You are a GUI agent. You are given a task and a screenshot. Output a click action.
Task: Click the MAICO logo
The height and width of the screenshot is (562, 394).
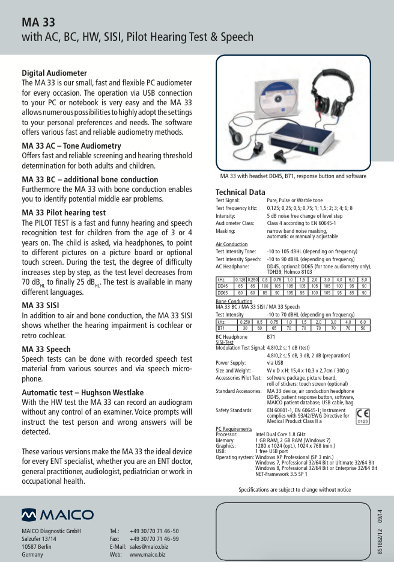coord(58,515)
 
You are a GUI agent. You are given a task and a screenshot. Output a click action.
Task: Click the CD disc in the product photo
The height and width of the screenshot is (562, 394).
coord(259,102)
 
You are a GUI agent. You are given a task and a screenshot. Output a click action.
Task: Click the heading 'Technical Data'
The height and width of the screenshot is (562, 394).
coord(240,193)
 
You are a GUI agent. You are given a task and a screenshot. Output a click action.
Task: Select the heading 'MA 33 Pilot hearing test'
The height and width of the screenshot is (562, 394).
coord(64,212)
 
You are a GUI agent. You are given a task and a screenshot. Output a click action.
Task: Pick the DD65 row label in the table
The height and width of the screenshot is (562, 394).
coord(222,293)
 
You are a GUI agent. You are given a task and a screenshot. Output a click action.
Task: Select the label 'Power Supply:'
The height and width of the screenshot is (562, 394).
coord(231,363)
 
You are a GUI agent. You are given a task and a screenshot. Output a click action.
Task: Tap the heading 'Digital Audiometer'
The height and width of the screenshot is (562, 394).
coord(54,73)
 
